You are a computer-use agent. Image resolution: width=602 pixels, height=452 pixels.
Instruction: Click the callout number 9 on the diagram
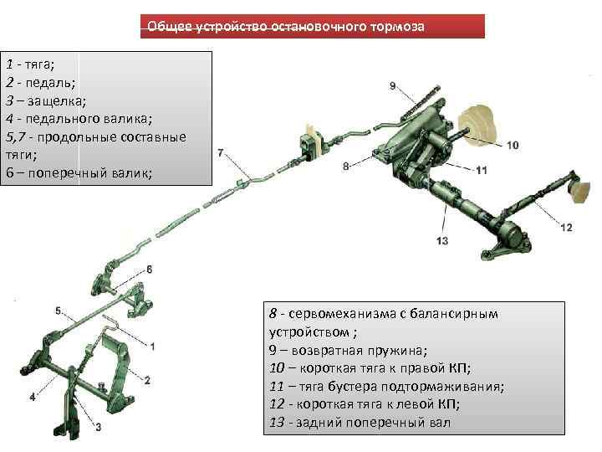click(x=392, y=85)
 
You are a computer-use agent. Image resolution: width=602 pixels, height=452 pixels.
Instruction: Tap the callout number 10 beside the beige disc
click(x=512, y=145)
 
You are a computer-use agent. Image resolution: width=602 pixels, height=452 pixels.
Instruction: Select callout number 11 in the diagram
click(x=481, y=170)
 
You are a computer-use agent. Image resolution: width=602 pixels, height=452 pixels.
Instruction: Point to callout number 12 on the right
click(x=566, y=227)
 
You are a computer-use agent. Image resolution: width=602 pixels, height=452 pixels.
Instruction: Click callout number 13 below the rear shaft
click(x=442, y=241)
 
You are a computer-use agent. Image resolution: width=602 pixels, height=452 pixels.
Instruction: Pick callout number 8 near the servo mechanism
click(x=345, y=167)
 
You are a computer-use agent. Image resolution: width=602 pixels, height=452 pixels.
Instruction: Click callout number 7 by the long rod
click(x=220, y=153)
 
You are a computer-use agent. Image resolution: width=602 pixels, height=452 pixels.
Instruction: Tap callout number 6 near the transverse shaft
click(x=150, y=269)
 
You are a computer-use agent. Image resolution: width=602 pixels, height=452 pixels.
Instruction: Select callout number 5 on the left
click(x=59, y=311)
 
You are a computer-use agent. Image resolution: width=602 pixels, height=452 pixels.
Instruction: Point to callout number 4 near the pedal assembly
click(x=33, y=396)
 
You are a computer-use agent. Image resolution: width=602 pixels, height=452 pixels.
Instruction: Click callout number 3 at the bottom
click(x=98, y=428)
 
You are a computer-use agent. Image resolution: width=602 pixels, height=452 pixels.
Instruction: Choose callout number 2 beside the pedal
click(x=146, y=380)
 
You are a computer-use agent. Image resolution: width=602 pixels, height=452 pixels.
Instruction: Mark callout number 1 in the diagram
click(x=153, y=345)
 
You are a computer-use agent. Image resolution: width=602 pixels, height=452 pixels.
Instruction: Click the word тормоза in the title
click(x=395, y=27)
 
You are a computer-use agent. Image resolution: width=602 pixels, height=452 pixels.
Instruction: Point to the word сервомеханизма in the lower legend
click(x=344, y=313)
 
